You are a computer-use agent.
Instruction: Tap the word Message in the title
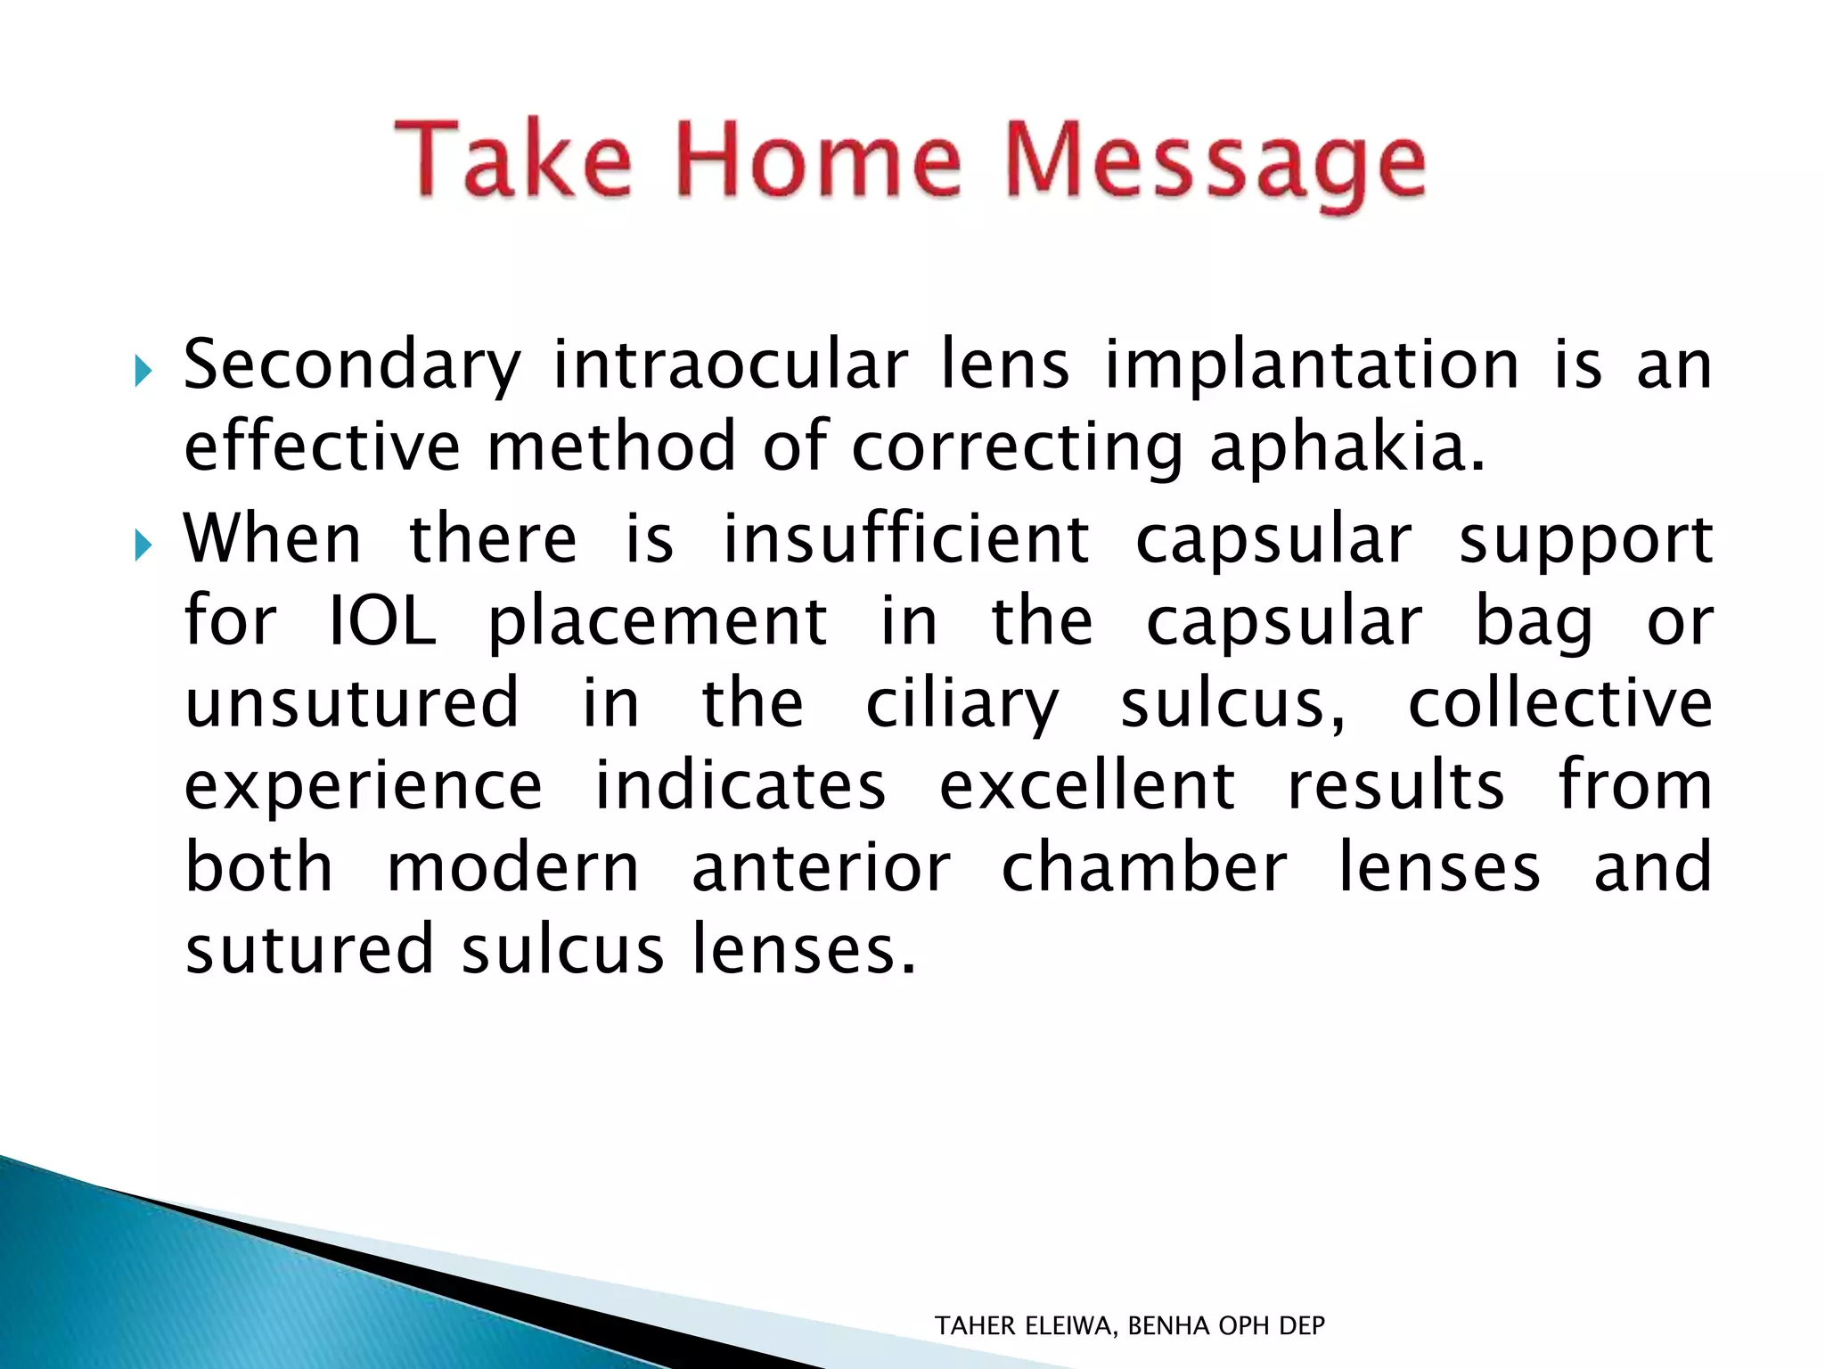point(1215,165)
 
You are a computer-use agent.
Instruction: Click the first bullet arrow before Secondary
point(143,371)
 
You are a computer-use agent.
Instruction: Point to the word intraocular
point(731,365)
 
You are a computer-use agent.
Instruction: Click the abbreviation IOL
point(382,621)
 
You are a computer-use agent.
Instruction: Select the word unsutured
point(352,703)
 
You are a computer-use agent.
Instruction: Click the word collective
point(1559,703)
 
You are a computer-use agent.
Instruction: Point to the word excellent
point(1087,786)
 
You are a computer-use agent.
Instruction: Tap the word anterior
point(821,868)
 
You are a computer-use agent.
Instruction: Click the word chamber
point(1144,868)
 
